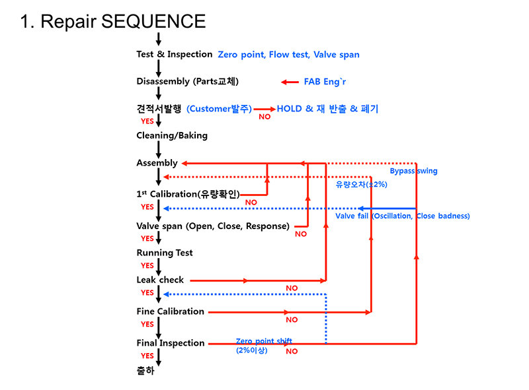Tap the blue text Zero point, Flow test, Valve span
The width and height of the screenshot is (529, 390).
pyautogui.click(x=289, y=54)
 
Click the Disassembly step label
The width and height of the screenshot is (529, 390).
pyautogui.click(x=187, y=82)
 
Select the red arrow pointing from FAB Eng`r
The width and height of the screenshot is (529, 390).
pyautogui.click(x=290, y=82)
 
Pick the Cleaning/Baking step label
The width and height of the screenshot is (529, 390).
pyautogui.click(x=172, y=135)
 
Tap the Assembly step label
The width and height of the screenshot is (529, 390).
pyautogui.click(x=157, y=163)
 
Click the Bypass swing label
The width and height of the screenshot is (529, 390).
pyautogui.click(x=413, y=171)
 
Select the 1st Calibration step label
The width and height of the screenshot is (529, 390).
pyautogui.click(x=186, y=194)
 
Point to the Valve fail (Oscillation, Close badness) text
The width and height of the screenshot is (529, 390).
pyautogui.click(x=402, y=216)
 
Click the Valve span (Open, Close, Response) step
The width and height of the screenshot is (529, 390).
pyautogui.click(x=213, y=226)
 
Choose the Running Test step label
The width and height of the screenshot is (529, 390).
pyautogui.click(x=165, y=253)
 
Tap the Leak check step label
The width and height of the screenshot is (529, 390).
pyautogui.click(x=160, y=280)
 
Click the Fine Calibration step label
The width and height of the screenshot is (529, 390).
pyautogui.click(x=170, y=311)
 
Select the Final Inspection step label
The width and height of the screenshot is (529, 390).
pyautogui.click(x=170, y=343)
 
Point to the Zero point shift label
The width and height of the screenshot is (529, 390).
pyautogui.click(x=264, y=341)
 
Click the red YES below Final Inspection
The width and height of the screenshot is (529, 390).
pyautogui.click(x=147, y=356)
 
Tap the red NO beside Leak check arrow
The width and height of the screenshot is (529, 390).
pyautogui.click(x=292, y=288)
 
